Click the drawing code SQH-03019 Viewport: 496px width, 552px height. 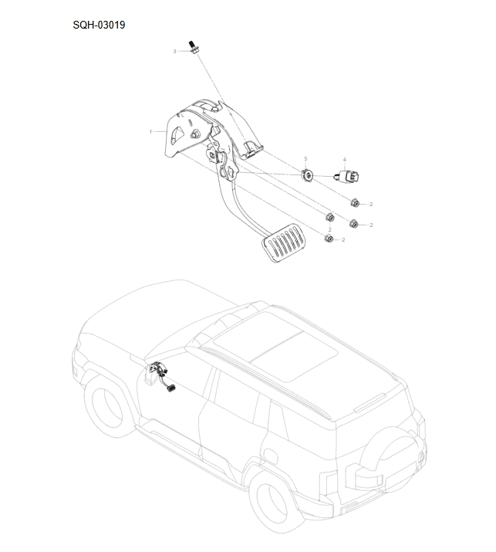pyautogui.click(x=99, y=25)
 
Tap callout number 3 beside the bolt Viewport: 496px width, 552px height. pyautogui.click(x=174, y=51)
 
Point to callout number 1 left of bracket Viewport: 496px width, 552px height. pyautogui.click(x=150, y=132)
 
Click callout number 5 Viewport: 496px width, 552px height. pyautogui.click(x=305, y=158)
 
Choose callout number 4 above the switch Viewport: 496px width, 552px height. pyautogui.click(x=345, y=159)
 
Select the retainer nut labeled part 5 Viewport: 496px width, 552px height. pyautogui.click(x=307, y=175)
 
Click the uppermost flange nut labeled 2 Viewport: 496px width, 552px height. pyautogui.click(x=354, y=203)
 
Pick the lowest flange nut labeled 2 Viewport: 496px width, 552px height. pyautogui.click(x=327, y=239)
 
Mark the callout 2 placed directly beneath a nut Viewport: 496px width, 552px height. pyautogui.click(x=329, y=230)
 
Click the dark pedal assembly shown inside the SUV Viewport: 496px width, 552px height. pyautogui.click(x=164, y=379)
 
